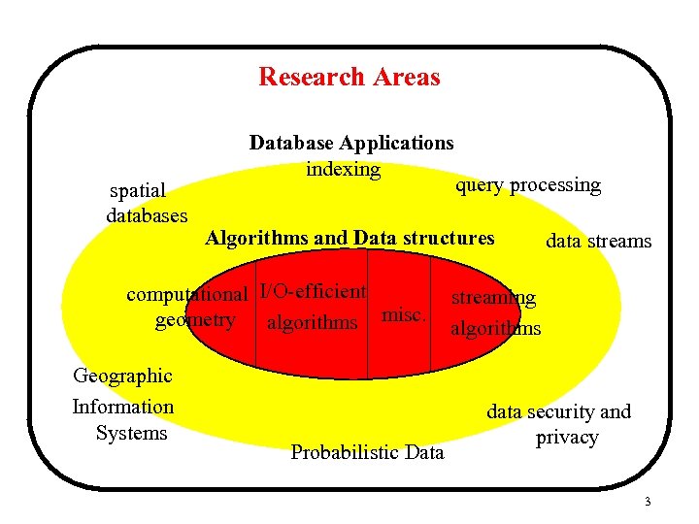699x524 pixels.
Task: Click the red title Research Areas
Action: coord(349,77)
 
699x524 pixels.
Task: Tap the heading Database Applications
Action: coord(351,143)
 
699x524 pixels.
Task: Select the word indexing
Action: coord(343,169)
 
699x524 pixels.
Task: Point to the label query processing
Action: coord(528,184)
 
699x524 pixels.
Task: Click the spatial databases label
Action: coord(146,203)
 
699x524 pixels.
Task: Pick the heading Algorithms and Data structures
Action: coord(349,238)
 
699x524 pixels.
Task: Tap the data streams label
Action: coord(599,241)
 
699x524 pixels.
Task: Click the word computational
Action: coord(188,294)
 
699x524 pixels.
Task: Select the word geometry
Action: coord(195,320)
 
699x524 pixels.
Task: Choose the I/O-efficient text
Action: coord(313,291)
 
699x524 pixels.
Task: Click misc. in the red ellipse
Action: coord(404,314)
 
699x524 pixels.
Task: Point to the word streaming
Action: coord(492,298)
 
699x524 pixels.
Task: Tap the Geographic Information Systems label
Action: coord(123,405)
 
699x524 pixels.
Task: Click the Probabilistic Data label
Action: coord(368,452)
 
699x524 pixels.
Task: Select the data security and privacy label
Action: coord(559,424)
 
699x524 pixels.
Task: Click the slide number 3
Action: coord(647,502)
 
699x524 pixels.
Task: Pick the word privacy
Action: coord(567,438)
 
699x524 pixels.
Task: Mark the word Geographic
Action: coord(123,376)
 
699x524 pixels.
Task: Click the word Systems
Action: coord(132,433)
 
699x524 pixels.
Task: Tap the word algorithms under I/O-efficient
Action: coord(312,322)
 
